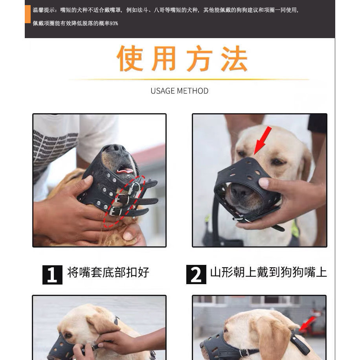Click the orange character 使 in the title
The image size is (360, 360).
pos(130,58)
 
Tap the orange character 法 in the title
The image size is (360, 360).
pos(234,58)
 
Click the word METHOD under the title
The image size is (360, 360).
pos(193,91)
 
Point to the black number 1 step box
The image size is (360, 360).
pos(52,275)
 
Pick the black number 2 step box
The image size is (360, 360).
pos(196,274)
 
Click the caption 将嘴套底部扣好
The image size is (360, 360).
pos(108,272)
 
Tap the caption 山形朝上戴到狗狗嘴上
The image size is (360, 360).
pos(268,272)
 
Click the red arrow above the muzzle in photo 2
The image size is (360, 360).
pos(263,141)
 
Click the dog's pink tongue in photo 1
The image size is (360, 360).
pos(125,171)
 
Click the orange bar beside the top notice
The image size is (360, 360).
pos(28,14)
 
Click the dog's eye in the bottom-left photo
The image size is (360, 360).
pos(68,335)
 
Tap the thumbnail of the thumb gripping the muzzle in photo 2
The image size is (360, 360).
pos(264,183)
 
